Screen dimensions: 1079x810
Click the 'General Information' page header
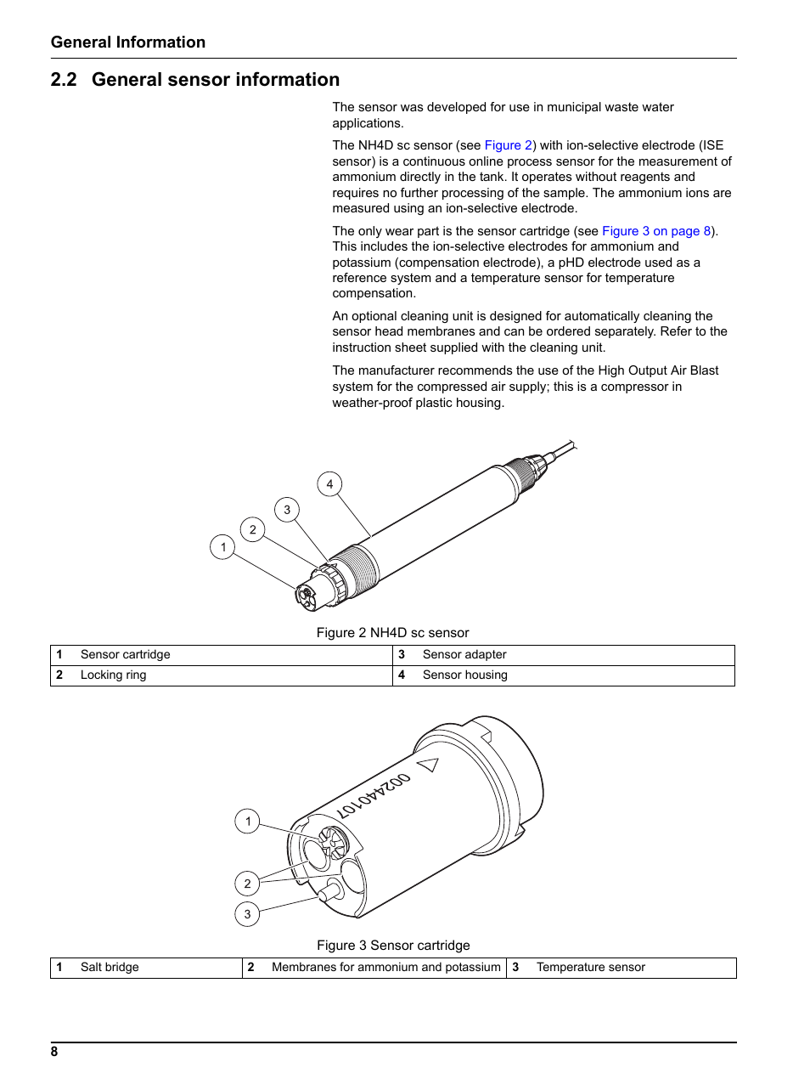click(127, 42)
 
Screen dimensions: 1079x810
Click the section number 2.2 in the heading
click(64, 80)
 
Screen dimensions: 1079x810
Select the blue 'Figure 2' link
click(508, 145)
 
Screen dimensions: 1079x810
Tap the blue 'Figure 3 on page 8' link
click(655, 231)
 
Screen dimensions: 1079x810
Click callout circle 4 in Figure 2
click(329, 484)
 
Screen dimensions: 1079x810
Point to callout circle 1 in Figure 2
click(222, 547)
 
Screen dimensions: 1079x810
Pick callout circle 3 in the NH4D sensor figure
click(287, 510)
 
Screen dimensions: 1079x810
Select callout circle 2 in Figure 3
click(247, 884)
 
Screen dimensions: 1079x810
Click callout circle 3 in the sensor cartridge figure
click(247, 914)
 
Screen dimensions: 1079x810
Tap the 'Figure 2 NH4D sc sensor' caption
click(392, 633)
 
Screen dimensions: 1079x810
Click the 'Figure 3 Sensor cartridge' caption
click(393, 946)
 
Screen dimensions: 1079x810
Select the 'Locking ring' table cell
click(113, 675)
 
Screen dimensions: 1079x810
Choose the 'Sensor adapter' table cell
click(464, 655)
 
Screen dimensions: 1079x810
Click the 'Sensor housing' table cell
click(464, 675)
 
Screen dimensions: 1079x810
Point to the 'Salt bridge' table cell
click(110, 968)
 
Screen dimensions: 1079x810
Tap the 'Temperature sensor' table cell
click(590, 968)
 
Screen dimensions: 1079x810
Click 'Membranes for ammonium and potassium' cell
click(385, 968)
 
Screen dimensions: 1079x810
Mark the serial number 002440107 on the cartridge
click(374, 796)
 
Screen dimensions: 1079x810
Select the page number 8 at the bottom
click(54, 1052)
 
